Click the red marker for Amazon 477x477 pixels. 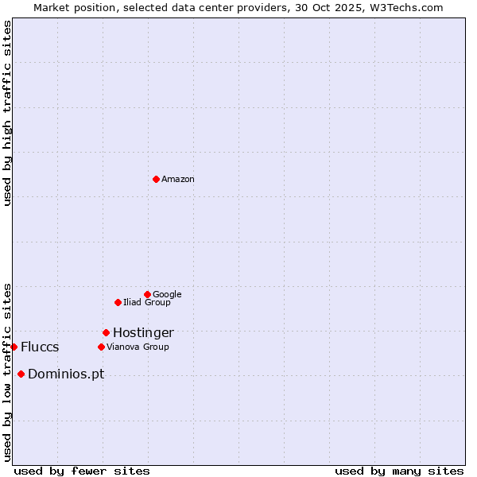(156, 179)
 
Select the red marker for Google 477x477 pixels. (147, 294)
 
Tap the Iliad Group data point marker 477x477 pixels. (118, 302)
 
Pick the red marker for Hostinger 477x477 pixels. (106, 332)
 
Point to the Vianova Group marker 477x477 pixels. (101, 347)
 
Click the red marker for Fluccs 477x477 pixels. (14, 347)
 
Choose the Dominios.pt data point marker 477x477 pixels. (21, 374)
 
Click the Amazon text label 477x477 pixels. (178, 180)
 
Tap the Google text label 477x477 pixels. (167, 295)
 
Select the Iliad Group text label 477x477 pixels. (147, 303)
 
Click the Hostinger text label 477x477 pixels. (143, 333)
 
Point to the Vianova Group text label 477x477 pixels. (138, 347)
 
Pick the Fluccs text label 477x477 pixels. (40, 347)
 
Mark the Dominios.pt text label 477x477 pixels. (66, 374)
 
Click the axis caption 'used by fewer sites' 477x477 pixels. (82, 471)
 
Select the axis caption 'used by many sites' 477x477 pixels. (399, 471)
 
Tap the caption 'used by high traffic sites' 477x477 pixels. (7, 113)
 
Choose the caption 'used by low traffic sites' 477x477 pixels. (7, 371)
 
